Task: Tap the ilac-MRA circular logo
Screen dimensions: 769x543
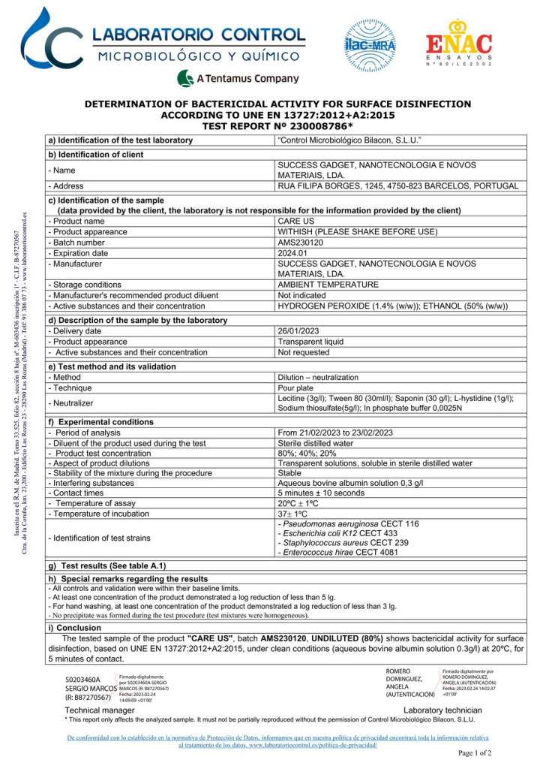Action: pyautogui.click(x=369, y=44)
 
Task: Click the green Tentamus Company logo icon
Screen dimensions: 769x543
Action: pyautogui.click(x=186, y=78)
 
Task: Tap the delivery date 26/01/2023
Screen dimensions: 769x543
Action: pyautogui.click(x=301, y=330)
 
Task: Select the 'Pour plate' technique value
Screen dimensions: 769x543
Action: pyautogui.click(x=298, y=388)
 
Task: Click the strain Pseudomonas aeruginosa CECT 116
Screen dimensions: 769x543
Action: pyautogui.click(x=348, y=523)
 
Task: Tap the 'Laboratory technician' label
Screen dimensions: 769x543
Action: pyautogui.click(x=442, y=710)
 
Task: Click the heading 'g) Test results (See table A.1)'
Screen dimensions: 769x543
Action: pyautogui.click(x=106, y=565)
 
